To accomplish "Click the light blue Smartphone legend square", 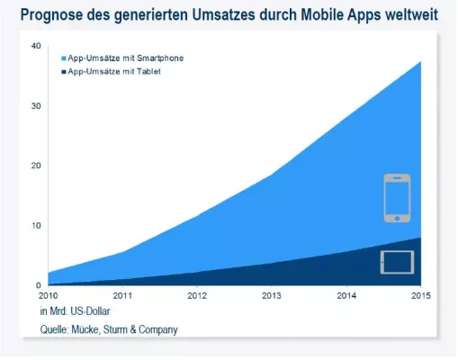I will coord(61,58).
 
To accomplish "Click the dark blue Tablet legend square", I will coord(61,69).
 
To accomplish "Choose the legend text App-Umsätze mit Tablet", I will coord(114,69).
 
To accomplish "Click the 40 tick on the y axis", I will coord(35,46).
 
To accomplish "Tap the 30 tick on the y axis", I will coord(35,106).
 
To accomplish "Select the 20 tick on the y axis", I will coord(35,166).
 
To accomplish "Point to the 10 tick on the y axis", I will coord(35,225).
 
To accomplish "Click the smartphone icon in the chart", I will coord(396,198).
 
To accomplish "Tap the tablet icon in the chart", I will coord(396,262).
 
